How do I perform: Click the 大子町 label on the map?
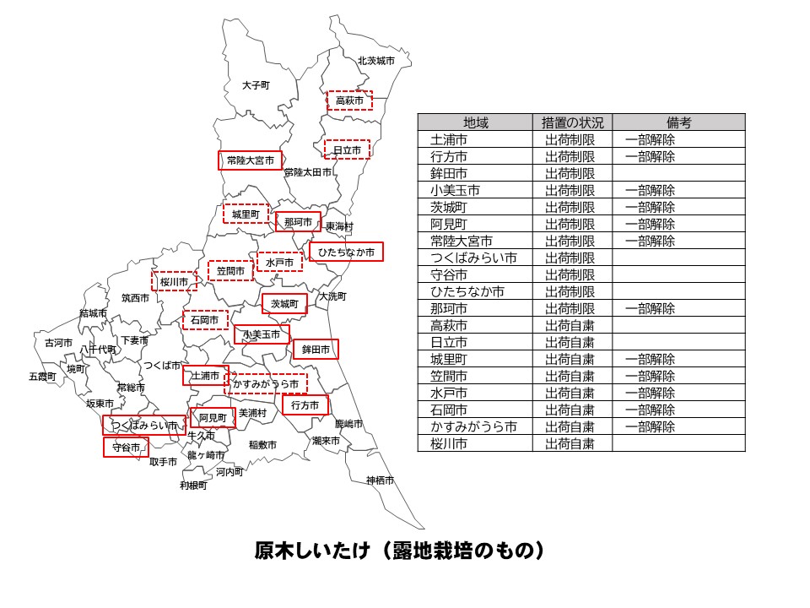(255, 85)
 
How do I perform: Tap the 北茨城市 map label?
(375, 61)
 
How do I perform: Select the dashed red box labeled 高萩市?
(349, 100)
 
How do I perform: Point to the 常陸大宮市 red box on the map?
(251, 160)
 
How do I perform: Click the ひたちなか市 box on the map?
(346, 252)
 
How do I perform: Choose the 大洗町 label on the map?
(332, 296)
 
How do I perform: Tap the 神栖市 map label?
(380, 480)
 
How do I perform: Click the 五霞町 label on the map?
(41, 376)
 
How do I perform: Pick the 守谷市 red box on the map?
(126, 448)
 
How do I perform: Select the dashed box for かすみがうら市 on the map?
(266, 384)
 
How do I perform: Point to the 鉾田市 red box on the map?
(315, 349)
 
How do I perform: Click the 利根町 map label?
(193, 486)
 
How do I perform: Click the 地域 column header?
(475, 122)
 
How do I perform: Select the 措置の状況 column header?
(572, 122)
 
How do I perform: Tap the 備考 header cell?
(678, 122)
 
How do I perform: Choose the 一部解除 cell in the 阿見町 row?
(650, 224)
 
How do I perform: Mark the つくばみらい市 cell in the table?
(473, 258)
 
